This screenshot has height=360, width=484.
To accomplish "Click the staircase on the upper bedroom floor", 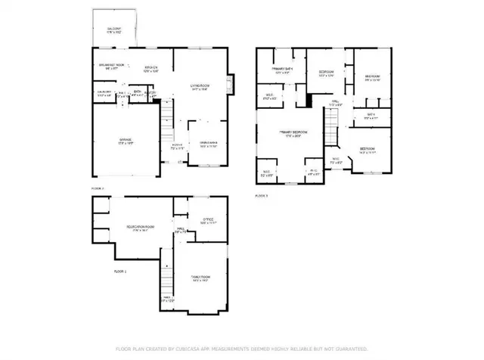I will pyautogui.click(x=330, y=121).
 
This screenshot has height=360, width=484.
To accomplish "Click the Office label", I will pyautogui.click(x=207, y=221).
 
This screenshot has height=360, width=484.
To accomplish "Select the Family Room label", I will pyautogui.click(x=200, y=279).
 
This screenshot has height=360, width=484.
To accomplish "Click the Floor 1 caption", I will pyautogui.click(x=120, y=270).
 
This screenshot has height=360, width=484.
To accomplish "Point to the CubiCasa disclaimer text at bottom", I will pyautogui.click(x=241, y=349).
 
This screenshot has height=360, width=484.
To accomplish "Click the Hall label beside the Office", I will pyautogui.click(x=181, y=230).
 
